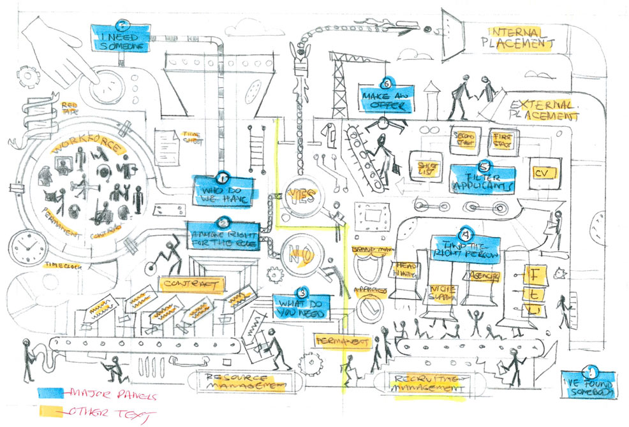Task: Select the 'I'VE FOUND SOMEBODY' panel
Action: click(589, 381)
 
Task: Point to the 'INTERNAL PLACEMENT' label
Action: click(518, 38)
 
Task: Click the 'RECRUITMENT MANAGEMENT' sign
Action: click(427, 381)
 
